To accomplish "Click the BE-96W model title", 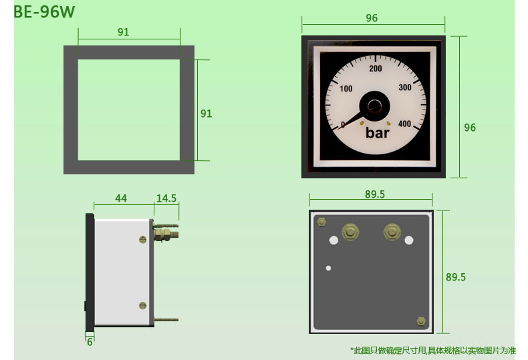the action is pyautogui.click(x=44, y=12).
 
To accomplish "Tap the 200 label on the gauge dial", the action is pyautogui.click(x=376, y=69).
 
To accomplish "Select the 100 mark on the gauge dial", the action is pyautogui.click(x=346, y=88).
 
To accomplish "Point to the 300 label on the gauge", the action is pyautogui.click(x=405, y=87).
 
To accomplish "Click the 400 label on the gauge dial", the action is pyautogui.click(x=404, y=124).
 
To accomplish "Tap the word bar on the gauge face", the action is pyautogui.click(x=378, y=133).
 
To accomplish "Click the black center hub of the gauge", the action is pyautogui.click(x=374, y=106).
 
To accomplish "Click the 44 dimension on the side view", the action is pyautogui.click(x=121, y=198).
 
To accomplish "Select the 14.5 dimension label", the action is pyautogui.click(x=166, y=198).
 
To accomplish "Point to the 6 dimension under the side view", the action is pyautogui.click(x=90, y=342).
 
